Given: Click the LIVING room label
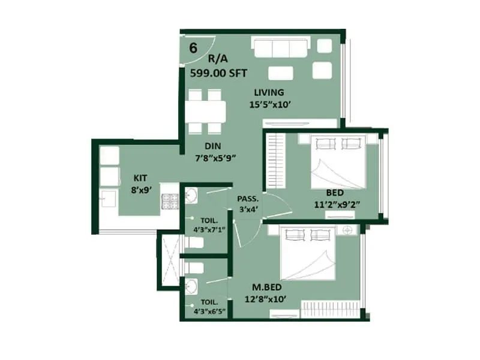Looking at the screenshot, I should pyautogui.click(x=268, y=92).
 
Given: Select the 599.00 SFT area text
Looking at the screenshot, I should pyautogui.click(x=218, y=73).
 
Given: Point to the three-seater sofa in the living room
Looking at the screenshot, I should pyautogui.click(x=281, y=47).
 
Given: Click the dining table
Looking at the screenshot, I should pyautogui.click(x=205, y=112).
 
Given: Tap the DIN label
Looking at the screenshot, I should pyautogui.click(x=213, y=146).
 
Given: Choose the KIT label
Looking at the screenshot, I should pyautogui.click(x=140, y=178).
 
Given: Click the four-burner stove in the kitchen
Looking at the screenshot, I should pyautogui.click(x=169, y=200).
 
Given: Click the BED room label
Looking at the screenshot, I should pyautogui.click(x=335, y=193).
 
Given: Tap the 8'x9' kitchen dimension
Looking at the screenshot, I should pyautogui.click(x=142, y=189).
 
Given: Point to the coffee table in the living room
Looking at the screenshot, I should pyautogui.click(x=281, y=73).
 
